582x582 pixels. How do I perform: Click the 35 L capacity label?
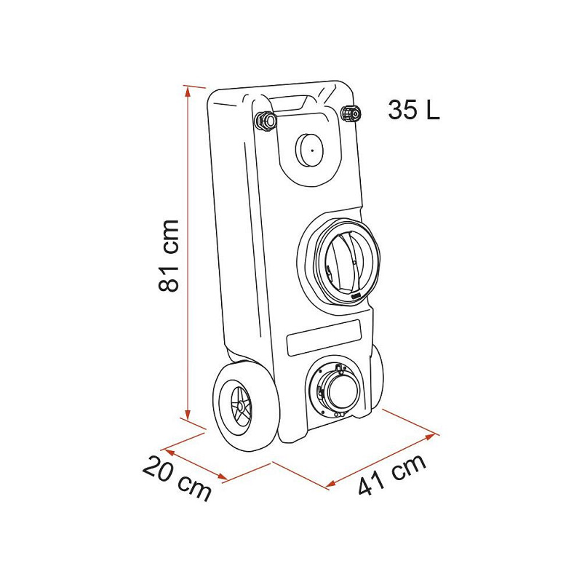coord(414,110)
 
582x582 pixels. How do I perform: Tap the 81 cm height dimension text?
coord(170,255)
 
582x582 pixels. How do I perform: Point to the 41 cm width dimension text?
coord(392,474)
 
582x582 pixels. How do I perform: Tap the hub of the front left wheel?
coord(241,407)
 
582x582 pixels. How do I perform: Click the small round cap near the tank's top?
coord(310,150)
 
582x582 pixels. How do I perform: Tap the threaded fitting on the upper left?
coord(266,120)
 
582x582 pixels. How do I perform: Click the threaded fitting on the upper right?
coord(351,113)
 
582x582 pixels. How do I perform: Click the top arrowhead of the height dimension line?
coord(188,90)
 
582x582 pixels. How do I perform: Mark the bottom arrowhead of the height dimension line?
coord(188,415)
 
